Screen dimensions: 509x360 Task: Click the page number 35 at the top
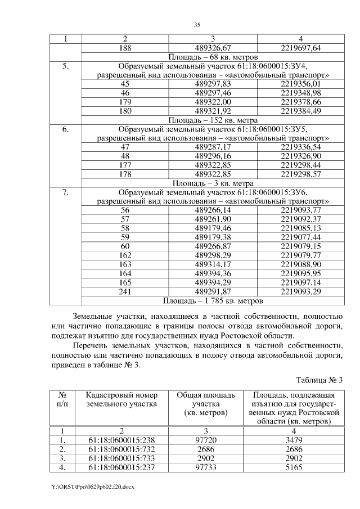197,25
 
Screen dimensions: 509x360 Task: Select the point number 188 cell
125,48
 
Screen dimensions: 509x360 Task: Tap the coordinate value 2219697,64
300,48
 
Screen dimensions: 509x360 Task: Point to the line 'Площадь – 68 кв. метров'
213,57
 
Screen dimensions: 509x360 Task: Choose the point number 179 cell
125,102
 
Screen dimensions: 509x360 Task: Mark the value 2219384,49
300,111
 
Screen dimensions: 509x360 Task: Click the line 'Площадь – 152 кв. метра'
213,120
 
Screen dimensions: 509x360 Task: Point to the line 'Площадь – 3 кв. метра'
213,183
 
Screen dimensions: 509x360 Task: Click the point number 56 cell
125,210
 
